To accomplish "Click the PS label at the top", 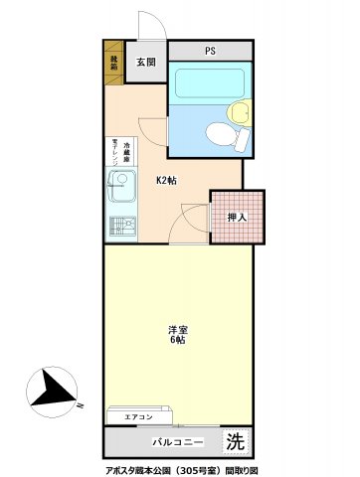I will [210, 51].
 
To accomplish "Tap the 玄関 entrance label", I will [146, 63].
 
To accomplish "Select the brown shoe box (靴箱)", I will [113, 64].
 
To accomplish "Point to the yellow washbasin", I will [236, 113].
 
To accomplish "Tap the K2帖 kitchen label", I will [166, 180].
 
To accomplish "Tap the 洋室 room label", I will [177, 329].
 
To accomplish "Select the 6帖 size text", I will [177, 340].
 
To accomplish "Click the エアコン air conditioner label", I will [138, 416].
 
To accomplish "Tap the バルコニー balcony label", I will [178, 440].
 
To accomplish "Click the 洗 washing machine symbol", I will [234, 439].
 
